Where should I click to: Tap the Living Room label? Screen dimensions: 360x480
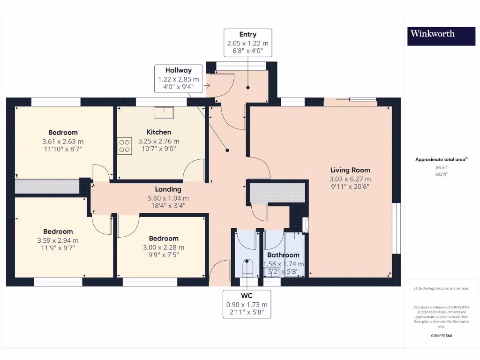coord(350,170)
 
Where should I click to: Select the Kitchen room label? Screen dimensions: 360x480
coord(158,132)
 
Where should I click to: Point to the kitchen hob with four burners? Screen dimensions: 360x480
coord(125,145)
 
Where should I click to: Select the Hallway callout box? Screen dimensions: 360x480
coord(178,79)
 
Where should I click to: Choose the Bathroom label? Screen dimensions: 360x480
coord(283,255)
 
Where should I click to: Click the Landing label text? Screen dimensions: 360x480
coord(168,189)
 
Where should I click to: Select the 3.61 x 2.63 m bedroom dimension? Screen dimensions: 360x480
coord(63,142)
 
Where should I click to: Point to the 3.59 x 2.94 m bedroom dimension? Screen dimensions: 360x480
coord(58,240)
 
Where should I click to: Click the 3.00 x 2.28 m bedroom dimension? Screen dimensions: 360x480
coord(164,247)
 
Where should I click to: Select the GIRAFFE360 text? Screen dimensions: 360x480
coord(441,336)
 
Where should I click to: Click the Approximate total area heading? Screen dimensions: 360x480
coord(441,160)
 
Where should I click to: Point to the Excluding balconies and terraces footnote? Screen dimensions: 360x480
coord(441,288)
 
